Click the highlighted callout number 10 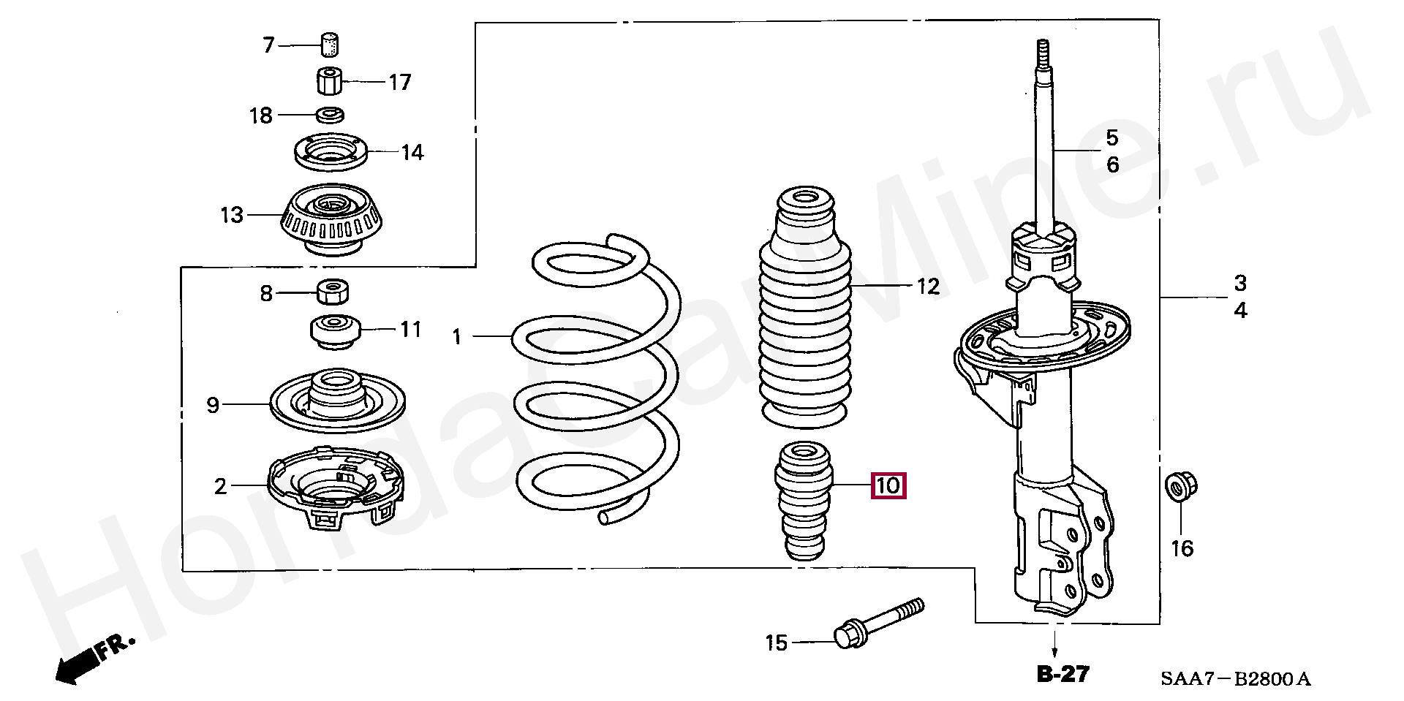(888, 485)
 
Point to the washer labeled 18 (331, 115)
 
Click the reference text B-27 (1063, 674)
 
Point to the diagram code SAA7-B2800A (1235, 681)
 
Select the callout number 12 (928, 287)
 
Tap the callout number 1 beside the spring (457, 337)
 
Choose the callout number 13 (232, 216)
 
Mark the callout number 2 (221, 486)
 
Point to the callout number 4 (1240, 311)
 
